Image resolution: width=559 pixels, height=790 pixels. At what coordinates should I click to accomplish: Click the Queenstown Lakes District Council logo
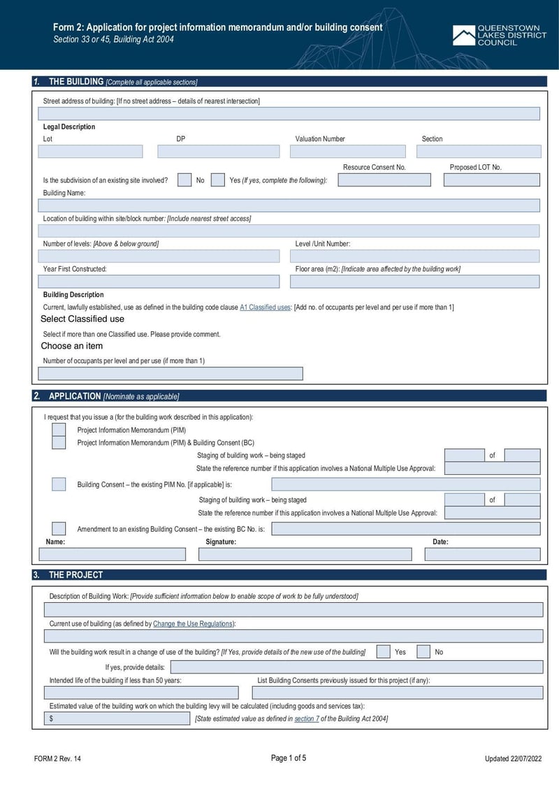(499, 36)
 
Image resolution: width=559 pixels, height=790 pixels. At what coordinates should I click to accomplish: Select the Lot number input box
(90, 152)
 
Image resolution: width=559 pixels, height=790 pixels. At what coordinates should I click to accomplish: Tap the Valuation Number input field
(347, 152)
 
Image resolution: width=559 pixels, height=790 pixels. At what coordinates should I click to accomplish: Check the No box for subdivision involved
(184, 180)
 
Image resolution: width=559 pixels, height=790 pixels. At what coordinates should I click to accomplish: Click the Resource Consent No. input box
(384, 180)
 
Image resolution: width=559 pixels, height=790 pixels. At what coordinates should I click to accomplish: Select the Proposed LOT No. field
(492, 180)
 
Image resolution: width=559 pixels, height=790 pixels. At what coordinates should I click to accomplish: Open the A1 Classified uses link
(265, 307)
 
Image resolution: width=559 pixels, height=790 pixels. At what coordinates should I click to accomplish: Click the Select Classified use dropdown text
(82, 319)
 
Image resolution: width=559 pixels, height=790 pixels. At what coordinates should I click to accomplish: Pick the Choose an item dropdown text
(72, 346)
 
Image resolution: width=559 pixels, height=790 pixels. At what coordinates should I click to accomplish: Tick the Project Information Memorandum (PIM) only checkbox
(59, 430)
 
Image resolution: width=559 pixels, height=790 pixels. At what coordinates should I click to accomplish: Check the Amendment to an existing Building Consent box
(59, 529)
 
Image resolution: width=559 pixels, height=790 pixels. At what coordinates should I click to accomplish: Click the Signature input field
(305, 554)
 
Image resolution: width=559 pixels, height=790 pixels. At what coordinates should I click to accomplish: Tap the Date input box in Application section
(482, 554)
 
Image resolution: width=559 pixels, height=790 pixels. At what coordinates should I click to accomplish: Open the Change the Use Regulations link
(193, 624)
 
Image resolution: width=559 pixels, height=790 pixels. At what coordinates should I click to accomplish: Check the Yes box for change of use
(383, 652)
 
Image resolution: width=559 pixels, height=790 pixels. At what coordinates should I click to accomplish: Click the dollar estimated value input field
(117, 719)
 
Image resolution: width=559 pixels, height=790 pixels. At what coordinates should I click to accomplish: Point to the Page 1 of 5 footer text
(288, 759)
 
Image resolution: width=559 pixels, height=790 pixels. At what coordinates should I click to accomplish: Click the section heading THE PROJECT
(75, 575)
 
